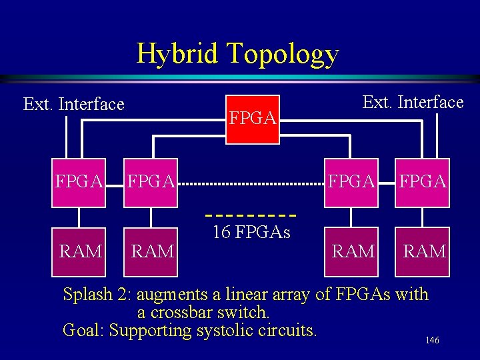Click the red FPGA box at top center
pos(252,119)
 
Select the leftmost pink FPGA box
pos(79,181)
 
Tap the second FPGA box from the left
pos(151,181)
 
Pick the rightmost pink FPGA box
pos(423,181)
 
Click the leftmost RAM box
pos(80,251)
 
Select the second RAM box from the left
pos(153,251)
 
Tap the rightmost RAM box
pos(424,251)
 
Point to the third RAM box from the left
pos(352,251)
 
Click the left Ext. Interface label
pos(73,105)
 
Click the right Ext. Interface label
pos(413,102)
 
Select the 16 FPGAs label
pos(251,233)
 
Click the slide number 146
pos(432,341)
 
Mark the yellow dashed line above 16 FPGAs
pos(251,215)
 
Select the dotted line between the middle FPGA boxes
pos(251,183)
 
